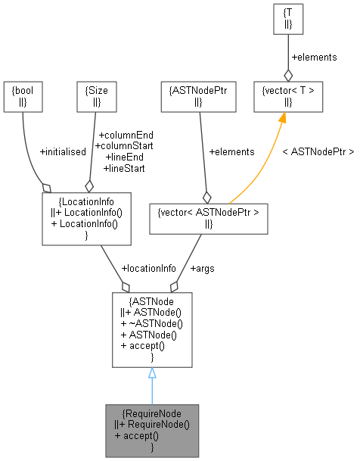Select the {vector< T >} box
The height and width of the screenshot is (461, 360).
287,97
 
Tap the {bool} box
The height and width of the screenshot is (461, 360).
23,97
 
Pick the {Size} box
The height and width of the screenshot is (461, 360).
95,97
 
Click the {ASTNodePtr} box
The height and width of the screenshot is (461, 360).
200,97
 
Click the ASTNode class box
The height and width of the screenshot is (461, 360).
151,329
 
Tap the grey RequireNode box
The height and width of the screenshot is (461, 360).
151,430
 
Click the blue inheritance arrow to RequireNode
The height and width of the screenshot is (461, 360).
152,390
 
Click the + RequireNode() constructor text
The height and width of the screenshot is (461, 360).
155,425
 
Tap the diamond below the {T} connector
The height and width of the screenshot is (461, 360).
288,74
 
